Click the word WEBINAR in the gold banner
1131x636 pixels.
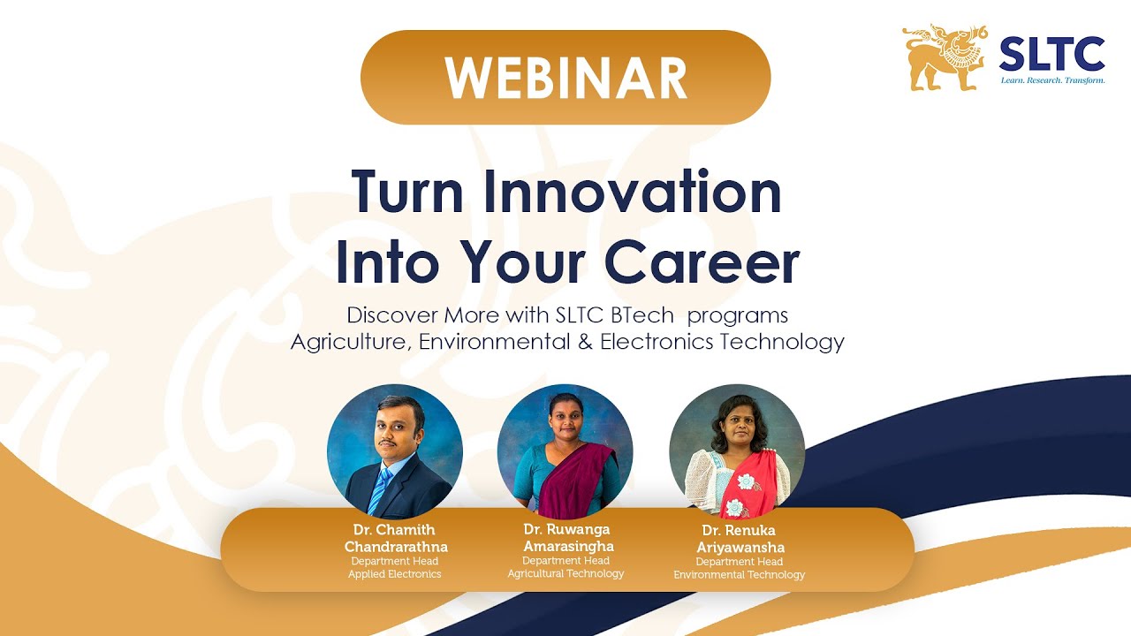point(565,78)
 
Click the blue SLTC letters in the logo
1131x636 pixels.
point(1051,54)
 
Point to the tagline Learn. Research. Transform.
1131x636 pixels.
point(1051,80)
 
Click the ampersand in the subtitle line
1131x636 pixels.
point(584,342)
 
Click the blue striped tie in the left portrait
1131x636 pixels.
point(381,490)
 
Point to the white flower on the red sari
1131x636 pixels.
point(748,481)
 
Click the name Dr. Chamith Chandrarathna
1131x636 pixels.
point(395,539)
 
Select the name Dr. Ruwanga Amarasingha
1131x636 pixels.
point(566,538)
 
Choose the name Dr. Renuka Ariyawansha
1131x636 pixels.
point(740,539)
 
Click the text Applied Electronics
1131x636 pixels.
point(395,574)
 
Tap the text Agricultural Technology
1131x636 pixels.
point(565,573)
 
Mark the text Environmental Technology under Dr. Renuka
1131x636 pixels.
point(740,575)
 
